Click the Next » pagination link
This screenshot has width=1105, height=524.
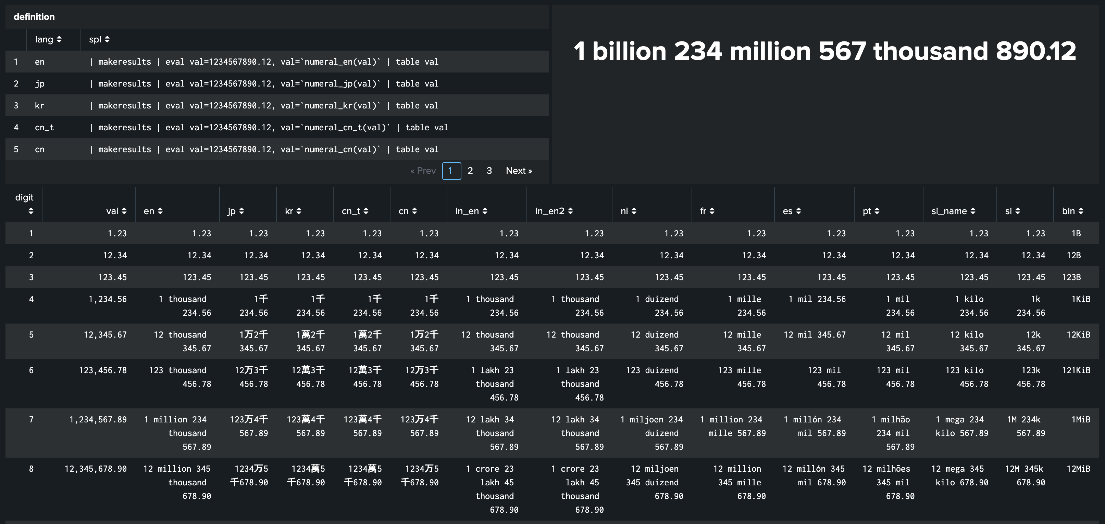(x=519, y=171)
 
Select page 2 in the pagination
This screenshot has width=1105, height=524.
(x=470, y=171)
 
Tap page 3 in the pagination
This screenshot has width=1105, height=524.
(x=489, y=171)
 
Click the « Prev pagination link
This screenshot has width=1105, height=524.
(x=423, y=171)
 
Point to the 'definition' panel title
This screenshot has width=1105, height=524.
(x=34, y=17)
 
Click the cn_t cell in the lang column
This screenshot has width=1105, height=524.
(x=44, y=127)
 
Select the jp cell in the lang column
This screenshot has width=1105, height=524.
(x=39, y=83)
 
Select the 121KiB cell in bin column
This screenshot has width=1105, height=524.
(x=1076, y=370)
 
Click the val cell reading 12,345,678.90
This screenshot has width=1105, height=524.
(x=96, y=469)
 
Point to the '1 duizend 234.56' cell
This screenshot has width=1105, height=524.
(x=660, y=305)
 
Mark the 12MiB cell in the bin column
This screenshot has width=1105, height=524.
(x=1078, y=469)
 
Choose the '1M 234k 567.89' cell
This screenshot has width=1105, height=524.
(x=1026, y=426)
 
